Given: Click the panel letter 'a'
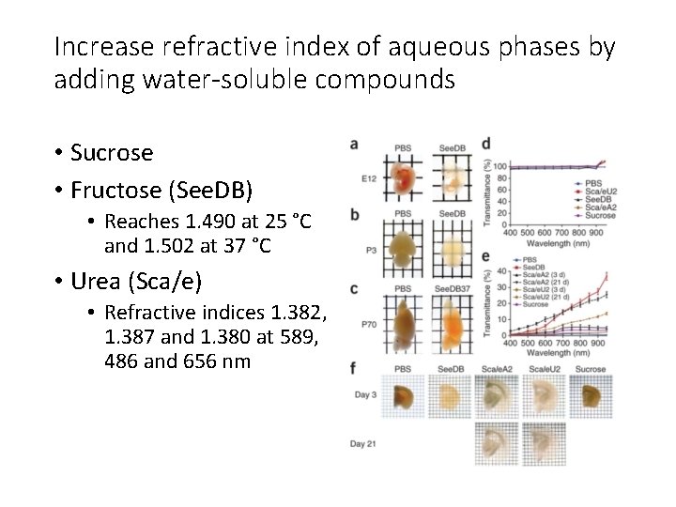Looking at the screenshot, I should (353, 145).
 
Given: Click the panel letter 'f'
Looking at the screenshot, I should (352, 367).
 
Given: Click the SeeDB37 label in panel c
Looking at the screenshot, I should (454, 288).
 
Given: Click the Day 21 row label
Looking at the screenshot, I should (369, 441).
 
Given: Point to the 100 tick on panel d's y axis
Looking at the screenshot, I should (500, 167).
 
